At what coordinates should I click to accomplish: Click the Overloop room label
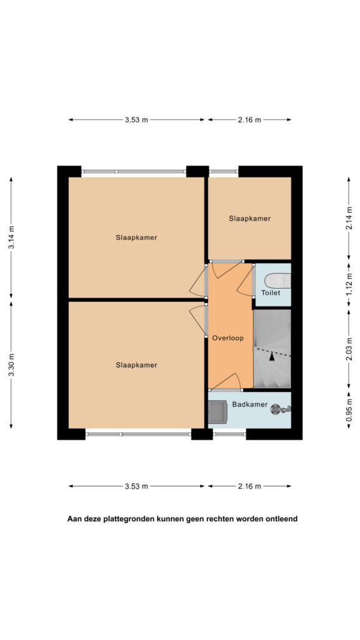coord(227,338)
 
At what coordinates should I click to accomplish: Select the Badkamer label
coord(250,404)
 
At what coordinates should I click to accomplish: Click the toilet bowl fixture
coord(277,281)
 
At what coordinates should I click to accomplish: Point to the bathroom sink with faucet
coord(281,409)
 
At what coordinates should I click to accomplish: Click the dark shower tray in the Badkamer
coord(217,411)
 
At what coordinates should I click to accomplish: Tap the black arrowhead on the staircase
coord(271,356)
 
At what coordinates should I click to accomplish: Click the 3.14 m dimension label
coord(11,237)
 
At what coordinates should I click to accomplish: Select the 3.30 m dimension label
coord(11,365)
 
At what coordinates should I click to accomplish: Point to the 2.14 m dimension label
coord(349,218)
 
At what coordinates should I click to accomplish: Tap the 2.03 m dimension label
coord(349,350)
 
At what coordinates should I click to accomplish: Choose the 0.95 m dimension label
coord(349,410)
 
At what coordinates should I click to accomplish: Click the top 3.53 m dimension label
coord(136,119)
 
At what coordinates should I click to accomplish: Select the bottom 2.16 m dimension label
coord(249,486)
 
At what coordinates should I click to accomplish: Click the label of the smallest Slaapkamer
coord(249,218)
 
